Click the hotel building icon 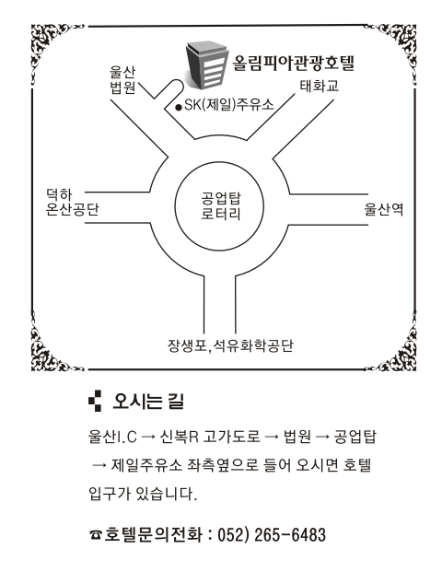click(x=206, y=65)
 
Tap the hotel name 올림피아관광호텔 click(x=294, y=64)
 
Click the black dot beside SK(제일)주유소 click(x=179, y=107)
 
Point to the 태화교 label click(x=320, y=86)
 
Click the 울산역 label click(x=384, y=209)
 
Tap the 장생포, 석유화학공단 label click(x=230, y=345)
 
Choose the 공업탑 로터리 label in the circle click(x=221, y=205)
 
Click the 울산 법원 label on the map click(x=122, y=80)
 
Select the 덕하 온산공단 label click(x=72, y=202)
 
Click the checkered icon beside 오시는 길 click(x=95, y=401)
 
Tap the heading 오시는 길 click(x=148, y=401)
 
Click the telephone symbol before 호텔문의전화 click(x=96, y=535)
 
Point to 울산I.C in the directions click(x=112, y=436)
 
